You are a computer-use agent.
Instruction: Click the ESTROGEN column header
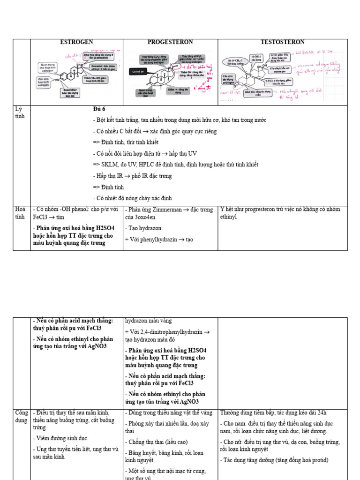coord(77,42)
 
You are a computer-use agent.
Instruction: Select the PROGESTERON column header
coord(170,42)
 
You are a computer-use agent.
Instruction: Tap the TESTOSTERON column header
coord(282,42)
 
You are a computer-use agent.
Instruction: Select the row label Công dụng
coord(22,416)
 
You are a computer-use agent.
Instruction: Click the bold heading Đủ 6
coord(100,109)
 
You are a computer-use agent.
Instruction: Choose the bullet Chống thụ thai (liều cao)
coord(155,442)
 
